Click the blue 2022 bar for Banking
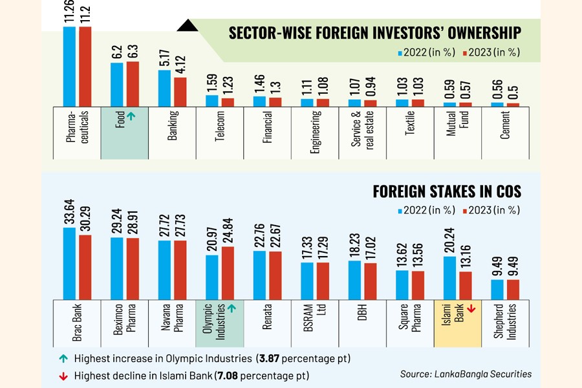tap(164, 87)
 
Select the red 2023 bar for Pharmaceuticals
tap(85, 65)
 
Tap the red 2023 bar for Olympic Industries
tap(228, 272)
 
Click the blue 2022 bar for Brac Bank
tap(69, 263)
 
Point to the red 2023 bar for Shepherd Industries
tap(513, 289)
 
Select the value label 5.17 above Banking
tap(164, 57)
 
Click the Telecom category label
tap(220, 125)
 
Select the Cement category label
tap(505, 125)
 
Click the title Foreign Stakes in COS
tap(446, 191)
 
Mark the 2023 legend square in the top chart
tap(462, 52)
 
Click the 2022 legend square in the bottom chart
tap(400, 210)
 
